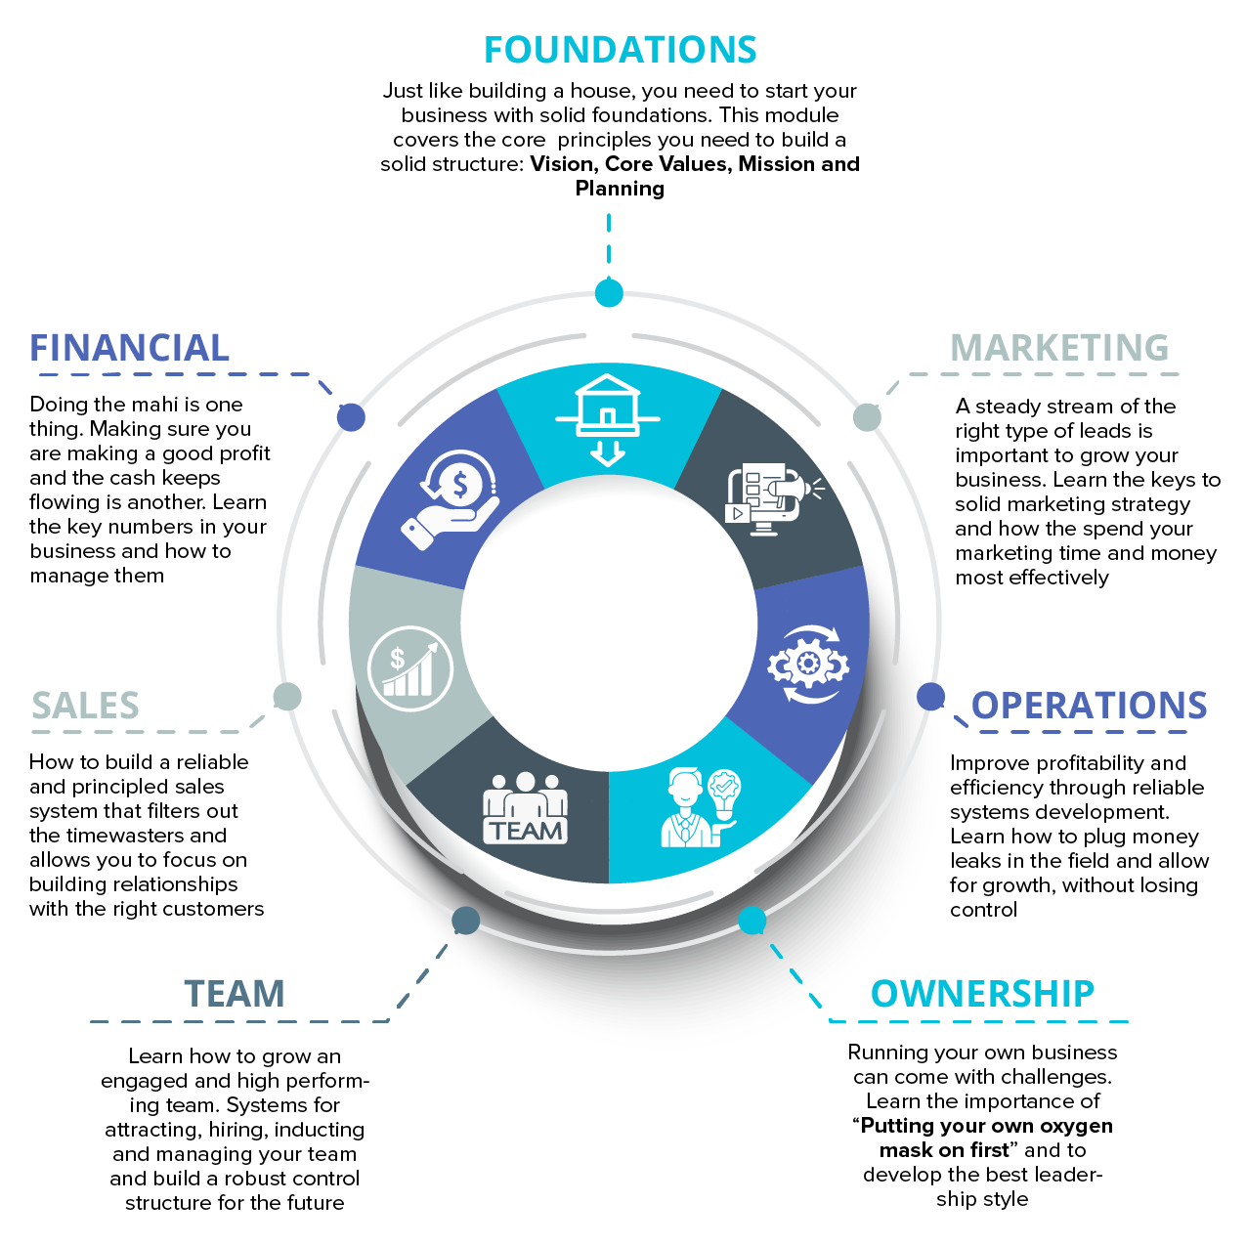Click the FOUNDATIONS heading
tap(621, 50)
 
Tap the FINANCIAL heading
tap(129, 348)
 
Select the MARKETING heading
tap(1059, 348)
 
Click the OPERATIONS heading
tap(1089, 705)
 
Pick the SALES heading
tap(85, 705)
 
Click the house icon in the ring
tap(607, 420)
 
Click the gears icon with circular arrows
tap(808, 664)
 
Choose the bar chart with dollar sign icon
tap(410, 668)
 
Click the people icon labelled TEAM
tap(525, 807)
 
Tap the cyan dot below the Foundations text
tap(609, 293)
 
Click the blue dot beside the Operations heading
tap(930, 697)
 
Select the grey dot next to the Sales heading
tap(287, 697)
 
